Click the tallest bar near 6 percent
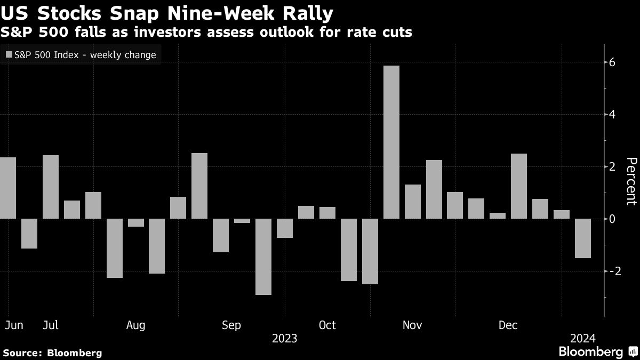[391, 142]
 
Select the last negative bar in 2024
[582, 238]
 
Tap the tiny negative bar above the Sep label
[242, 221]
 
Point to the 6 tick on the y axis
[612, 62]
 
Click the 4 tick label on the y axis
[612, 115]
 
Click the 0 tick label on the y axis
[612, 219]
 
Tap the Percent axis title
[631, 181]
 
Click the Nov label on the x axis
[413, 325]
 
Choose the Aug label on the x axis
[136, 325]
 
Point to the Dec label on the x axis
[508, 325]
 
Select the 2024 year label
[582, 338]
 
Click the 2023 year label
[284, 338]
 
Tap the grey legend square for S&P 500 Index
[8, 55]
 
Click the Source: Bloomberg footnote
[52, 353]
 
